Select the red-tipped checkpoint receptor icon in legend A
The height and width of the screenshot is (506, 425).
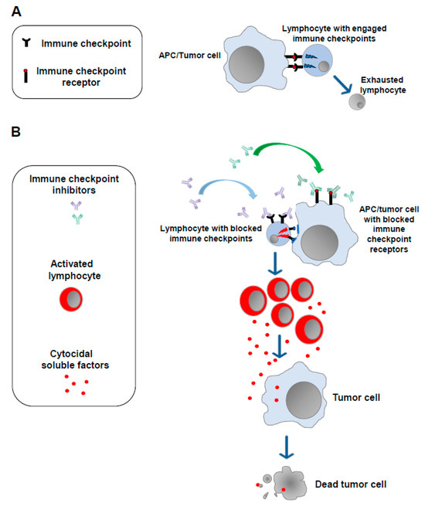36,74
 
